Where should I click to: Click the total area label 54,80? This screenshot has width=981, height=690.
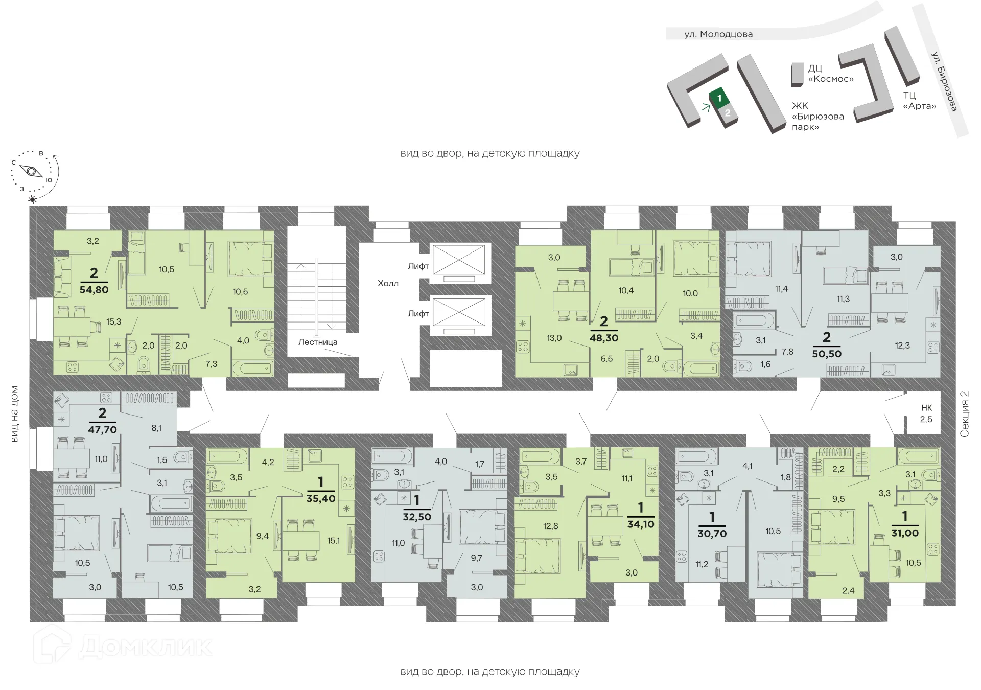click(x=94, y=289)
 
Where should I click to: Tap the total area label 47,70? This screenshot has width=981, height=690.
click(x=102, y=430)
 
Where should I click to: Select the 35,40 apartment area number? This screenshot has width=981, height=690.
click(x=321, y=498)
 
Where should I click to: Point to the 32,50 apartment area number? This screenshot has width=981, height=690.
click(x=417, y=517)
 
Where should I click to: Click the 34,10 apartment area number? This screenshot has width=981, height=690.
click(x=641, y=524)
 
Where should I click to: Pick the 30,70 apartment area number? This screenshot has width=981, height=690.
click(x=712, y=533)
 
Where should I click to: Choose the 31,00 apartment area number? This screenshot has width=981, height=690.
click(x=905, y=533)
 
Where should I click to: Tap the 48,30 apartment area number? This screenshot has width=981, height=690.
click(x=604, y=338)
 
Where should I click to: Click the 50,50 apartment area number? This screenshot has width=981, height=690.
click(x=827, y=353)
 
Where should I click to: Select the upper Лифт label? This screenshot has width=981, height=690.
click(x=418, y=266)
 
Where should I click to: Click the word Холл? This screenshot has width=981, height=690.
click(x=388, y=283)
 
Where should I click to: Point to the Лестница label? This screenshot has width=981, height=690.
click(x=318, y=342)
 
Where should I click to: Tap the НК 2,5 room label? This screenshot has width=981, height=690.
click(x=926, y=413)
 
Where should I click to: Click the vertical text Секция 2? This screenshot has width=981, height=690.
click(x=964, y=414)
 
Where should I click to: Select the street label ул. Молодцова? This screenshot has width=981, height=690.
click(x=718, y=34)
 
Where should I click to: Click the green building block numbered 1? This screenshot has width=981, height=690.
click(x=719, y=98)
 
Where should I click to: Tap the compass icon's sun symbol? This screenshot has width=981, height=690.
click(x=33, y=199)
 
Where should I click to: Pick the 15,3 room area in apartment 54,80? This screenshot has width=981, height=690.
click(x=113, y=321)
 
